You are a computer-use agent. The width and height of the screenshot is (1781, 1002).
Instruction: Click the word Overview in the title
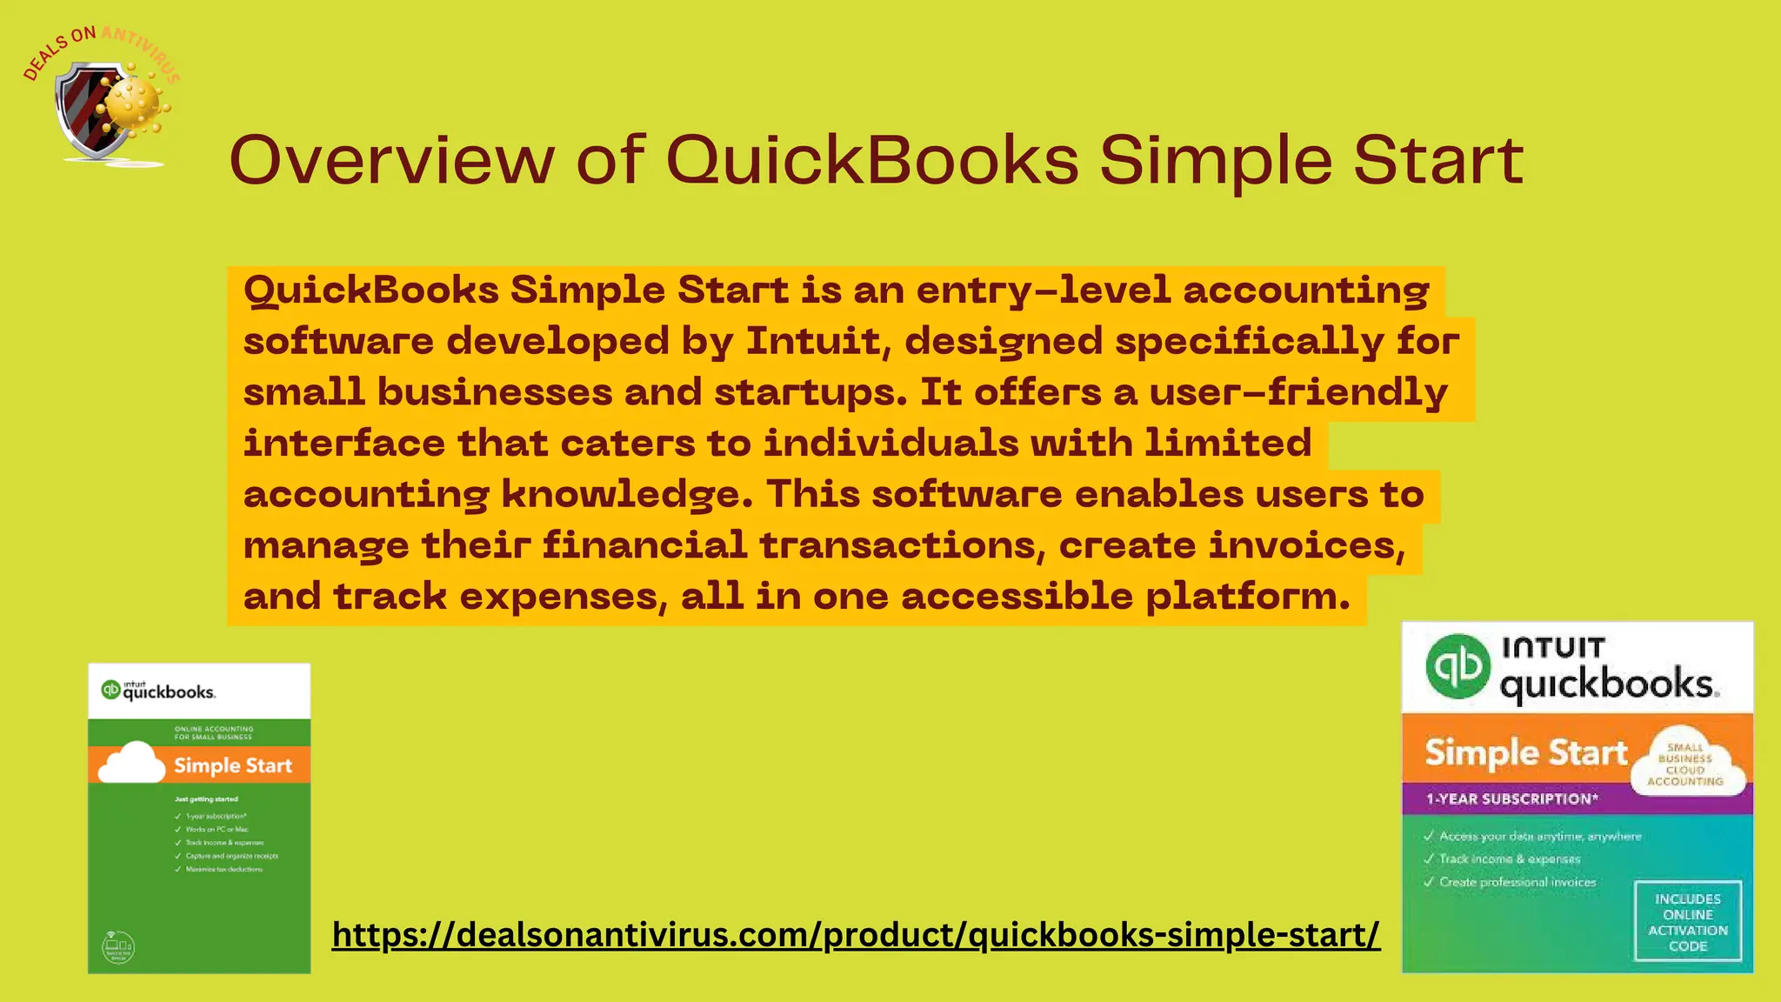point(391,160)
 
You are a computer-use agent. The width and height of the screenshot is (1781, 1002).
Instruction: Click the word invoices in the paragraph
point(1306,545)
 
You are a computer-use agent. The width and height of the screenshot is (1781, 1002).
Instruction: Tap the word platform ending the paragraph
point(1247,597)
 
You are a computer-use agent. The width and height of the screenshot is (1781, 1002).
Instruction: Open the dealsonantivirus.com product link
point(856,935)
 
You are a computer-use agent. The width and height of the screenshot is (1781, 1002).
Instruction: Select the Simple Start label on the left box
point(233,766)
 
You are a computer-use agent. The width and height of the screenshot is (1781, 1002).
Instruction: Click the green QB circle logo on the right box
point(1458,666)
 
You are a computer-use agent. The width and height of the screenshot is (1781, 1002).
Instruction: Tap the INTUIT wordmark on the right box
point(1553,648)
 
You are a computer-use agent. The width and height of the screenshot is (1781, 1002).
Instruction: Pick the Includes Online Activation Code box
point(1687,922)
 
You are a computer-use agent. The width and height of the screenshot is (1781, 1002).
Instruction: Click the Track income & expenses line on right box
point(1509,859)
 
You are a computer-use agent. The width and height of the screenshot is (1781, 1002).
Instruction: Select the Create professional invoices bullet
point(1517,882)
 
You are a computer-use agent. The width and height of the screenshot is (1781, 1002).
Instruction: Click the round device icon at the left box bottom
point(118,946)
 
